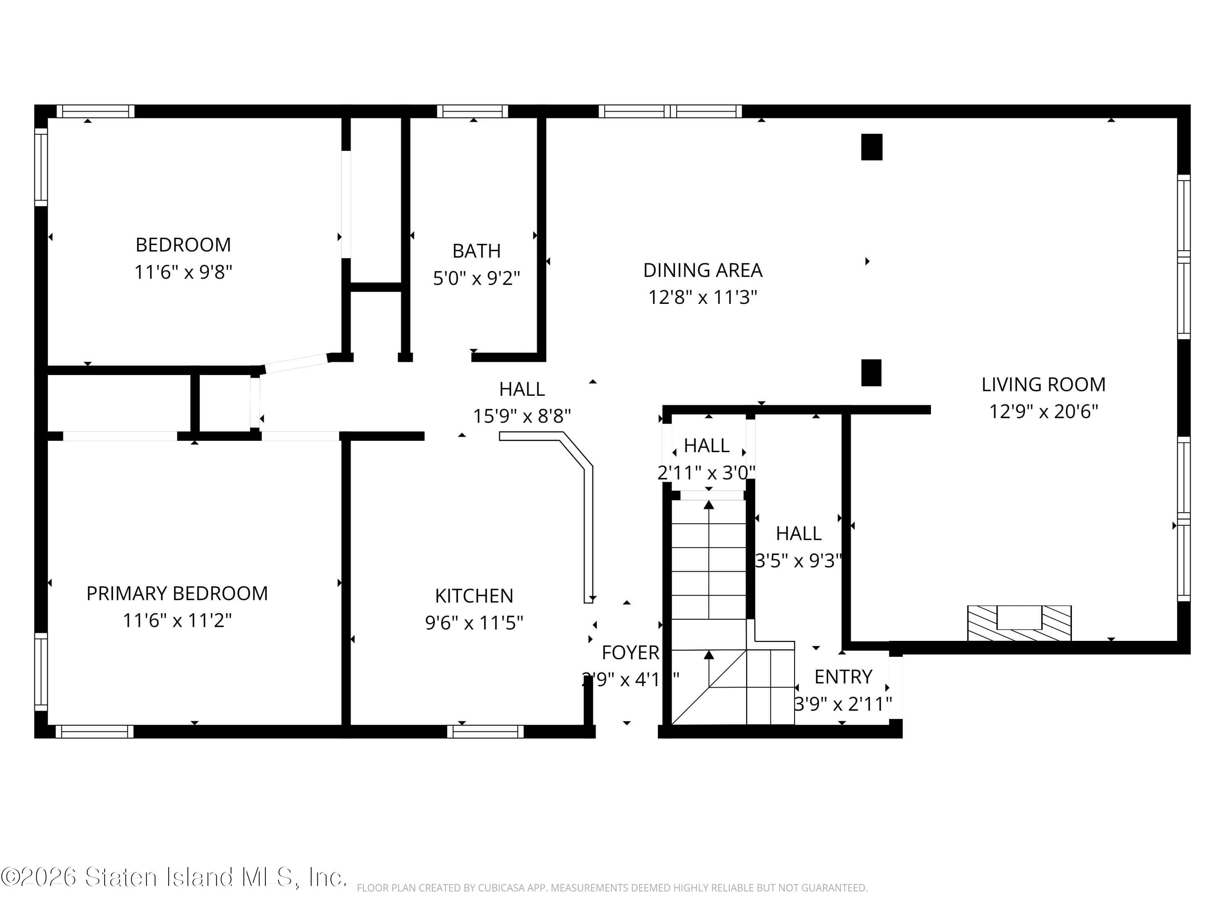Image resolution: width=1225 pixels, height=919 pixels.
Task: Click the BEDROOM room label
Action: (x=183, y=244)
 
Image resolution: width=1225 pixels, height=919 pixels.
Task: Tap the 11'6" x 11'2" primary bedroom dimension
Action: (x=177, y=620)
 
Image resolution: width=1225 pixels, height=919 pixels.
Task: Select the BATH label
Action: (x=476, y=251)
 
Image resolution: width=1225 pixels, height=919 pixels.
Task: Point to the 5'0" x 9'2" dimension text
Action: (x=476, y=278)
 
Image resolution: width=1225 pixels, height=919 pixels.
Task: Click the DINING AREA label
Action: (x=702, y=270)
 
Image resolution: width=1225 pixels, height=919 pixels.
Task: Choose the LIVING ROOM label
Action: (x=1043, y=384)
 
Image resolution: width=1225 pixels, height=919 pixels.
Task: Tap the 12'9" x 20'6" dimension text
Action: (x=1043, y=412)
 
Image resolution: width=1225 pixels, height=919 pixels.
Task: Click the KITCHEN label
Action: (x=474, y=596)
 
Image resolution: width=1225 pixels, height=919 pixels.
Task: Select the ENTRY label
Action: (x=843, y=676)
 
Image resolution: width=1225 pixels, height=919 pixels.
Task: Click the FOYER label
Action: (x=630, y=653)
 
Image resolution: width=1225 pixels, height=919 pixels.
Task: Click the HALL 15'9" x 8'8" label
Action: (x=522, y=389)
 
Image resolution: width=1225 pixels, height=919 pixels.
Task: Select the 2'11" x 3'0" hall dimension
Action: (x=706, y=473)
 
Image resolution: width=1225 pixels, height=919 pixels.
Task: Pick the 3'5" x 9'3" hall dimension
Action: (x=798, y=561)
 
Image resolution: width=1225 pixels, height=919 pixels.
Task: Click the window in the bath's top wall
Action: (x=472, y=112)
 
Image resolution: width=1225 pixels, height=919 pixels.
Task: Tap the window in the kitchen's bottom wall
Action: (x=485, y=731)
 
